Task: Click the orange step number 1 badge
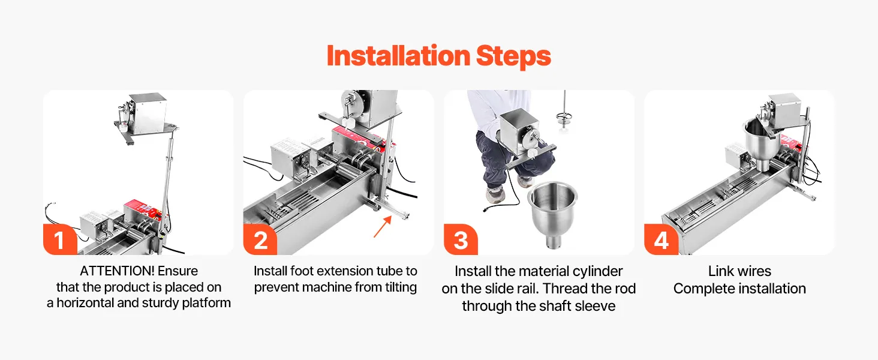(x=60, y=239)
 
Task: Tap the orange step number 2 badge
(x=260, y=239)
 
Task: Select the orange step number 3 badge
(x=461, y=239)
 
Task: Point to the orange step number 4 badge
(x=661, y=239)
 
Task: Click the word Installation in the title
(x=398, y=56)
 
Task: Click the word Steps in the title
(x=513, y=57)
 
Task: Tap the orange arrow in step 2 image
(x=383, y=227)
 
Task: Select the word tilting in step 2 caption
(x=401, y=287)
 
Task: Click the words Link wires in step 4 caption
(x=739, y=271)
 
